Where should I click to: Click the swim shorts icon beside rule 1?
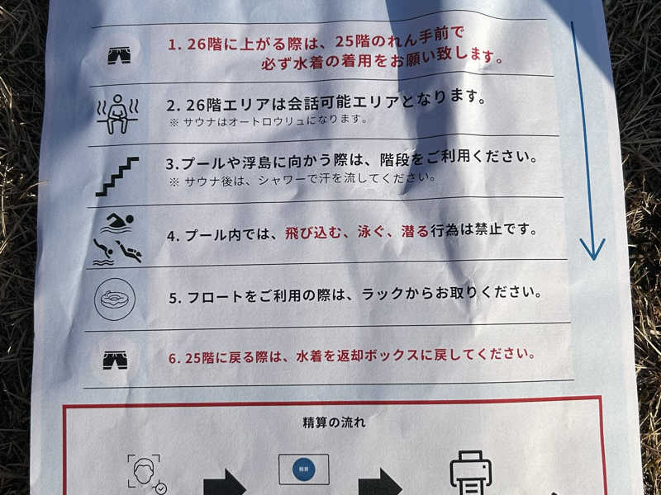(x=119, y=55)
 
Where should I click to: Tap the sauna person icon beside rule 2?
(x=117, y=114)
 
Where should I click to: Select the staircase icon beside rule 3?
(x=117, y=177)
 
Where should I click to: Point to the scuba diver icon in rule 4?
(x=129, y=252)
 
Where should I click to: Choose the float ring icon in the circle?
(x=115, y=299)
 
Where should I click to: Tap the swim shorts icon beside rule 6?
(x=115, y=361)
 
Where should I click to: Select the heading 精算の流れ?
(x=334, y=422)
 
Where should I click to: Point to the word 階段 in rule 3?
(x=394, y=159)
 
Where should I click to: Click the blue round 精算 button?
(x=304, y=469)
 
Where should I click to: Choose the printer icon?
(x=470, y=473)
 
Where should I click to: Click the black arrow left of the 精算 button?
(x=225, y=483)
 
